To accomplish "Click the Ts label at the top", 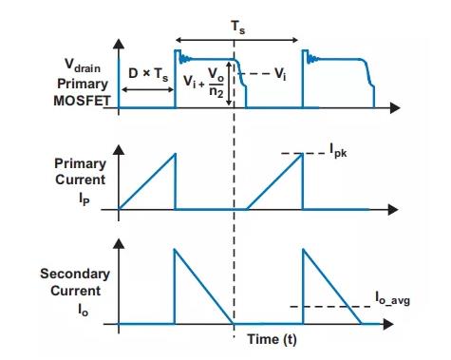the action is pos(237,27).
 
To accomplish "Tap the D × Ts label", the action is pos(148,75).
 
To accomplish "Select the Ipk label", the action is pos(338,150).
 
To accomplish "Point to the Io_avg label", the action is pos(392,298).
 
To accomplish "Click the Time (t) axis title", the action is pos(272,339).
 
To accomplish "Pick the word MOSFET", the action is pos(82,101).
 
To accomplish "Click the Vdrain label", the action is pos(83,65).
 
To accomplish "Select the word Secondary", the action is pos(75,274).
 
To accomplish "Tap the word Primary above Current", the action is pos(80,163).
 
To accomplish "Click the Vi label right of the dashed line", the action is pos(280,74).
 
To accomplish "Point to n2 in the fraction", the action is pos(216,92).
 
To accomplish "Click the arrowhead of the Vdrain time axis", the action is pos(396,108).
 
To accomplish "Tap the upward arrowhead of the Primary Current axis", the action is pos(119,149).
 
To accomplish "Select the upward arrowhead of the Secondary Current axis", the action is pos(119,243).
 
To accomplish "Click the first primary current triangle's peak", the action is pos(175,154).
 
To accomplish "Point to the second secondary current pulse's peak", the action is pos(303,249).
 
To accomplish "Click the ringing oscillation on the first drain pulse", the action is pos(184,59).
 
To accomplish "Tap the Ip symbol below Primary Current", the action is pos(85,199).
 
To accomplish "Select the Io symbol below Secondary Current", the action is pos(84,310).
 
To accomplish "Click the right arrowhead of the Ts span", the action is pos(294,40).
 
